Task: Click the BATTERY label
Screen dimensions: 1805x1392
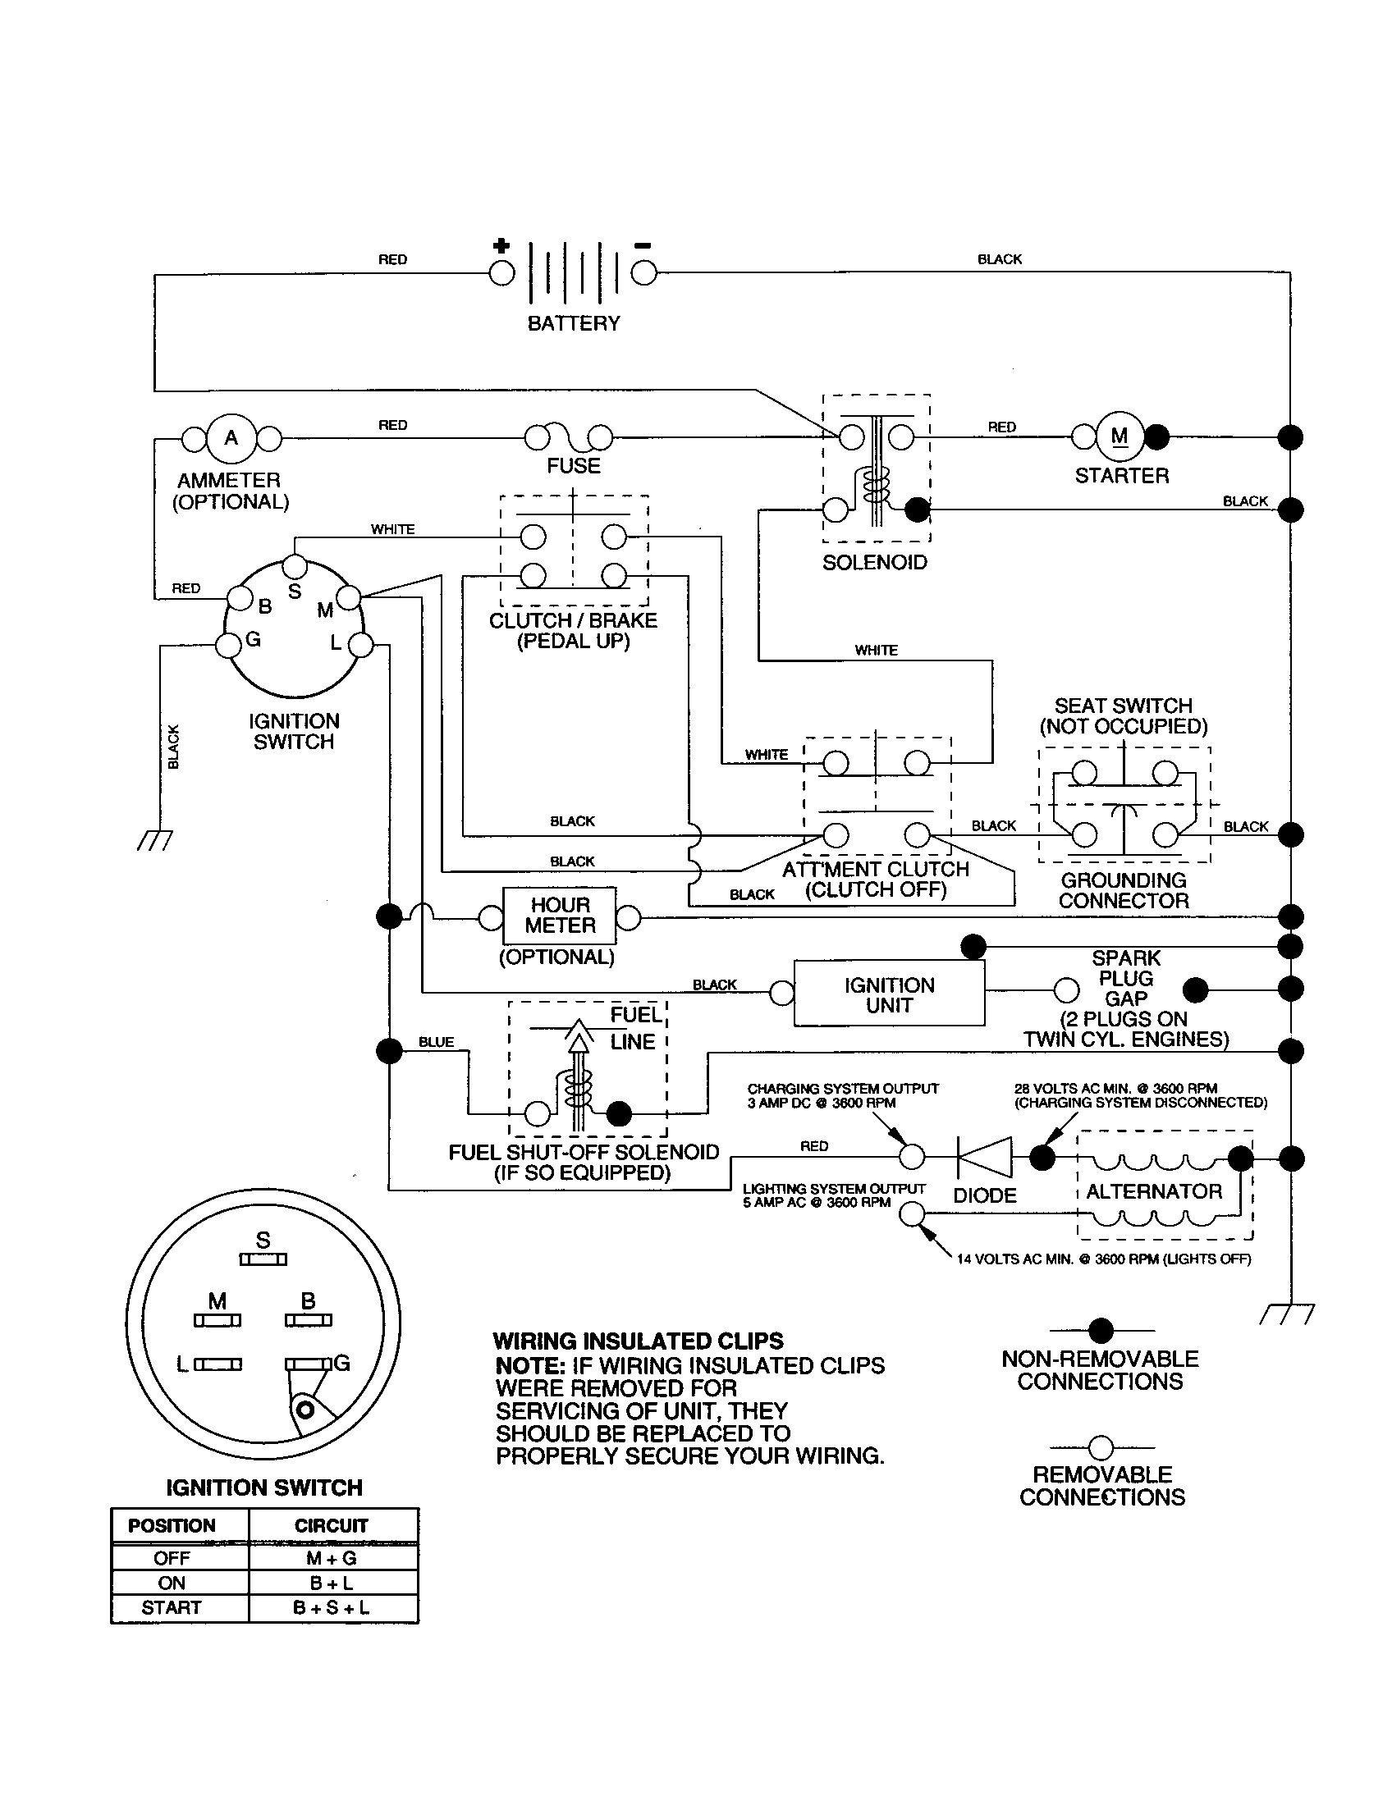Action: tap(574, 323)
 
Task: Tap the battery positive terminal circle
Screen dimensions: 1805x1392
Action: tap(501, 272)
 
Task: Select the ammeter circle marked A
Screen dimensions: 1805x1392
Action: tap(231, 438)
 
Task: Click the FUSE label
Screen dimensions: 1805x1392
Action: tap(574, 466)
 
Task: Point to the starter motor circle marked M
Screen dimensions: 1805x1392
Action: tap(1120, 437)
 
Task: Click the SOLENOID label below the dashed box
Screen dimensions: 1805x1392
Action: tap(875, 563)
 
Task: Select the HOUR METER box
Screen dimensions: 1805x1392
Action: tap(560, 916)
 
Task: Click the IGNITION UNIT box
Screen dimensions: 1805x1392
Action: tap(889, 995)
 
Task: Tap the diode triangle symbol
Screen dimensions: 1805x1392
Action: tap(985, 1157)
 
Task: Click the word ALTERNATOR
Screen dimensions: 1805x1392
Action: tap(1154, 1192)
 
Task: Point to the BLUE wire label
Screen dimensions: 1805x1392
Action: tap(436, 1042)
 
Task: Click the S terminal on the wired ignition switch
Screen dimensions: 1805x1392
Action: tap(295, 567)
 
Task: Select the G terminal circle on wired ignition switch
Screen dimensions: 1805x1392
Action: tap(228, 645)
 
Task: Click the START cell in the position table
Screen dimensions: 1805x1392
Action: tap(171, 1607)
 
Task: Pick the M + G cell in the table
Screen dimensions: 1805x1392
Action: tap(332, 1558)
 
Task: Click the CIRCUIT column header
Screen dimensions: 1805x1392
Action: tap(332, 1526)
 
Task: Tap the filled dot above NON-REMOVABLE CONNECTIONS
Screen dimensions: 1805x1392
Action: tap(1101, 1331)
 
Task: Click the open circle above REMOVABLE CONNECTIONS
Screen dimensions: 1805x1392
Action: tap(1101, 1447)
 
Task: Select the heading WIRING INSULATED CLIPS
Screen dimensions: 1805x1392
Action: tap(639, 1341)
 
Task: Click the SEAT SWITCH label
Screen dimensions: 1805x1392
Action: tap(1124, 706)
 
